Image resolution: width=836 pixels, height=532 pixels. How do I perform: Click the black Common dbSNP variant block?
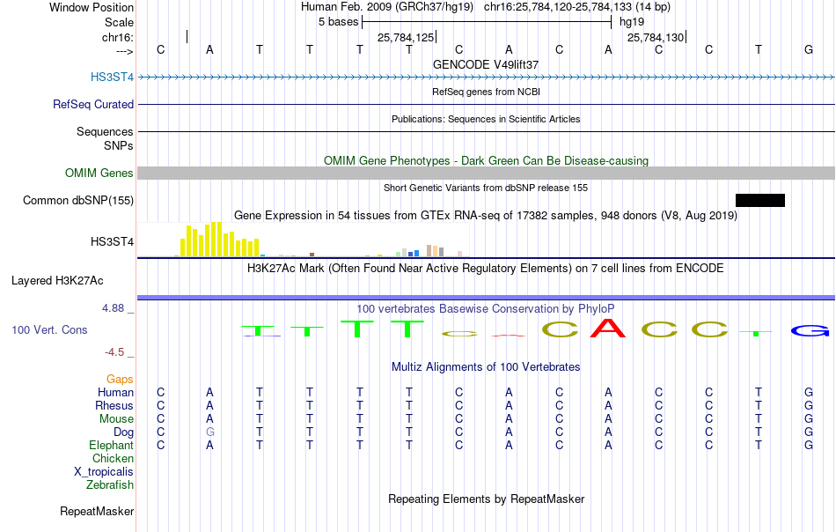click(x=759, y=200)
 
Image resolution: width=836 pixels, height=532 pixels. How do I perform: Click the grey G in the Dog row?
click(x=210, y=432)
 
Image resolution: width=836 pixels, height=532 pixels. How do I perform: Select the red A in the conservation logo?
click(x=608, y=329)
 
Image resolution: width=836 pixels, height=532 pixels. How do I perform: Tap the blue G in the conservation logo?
click(x=810, y=331)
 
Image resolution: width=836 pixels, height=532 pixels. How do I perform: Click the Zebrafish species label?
click(x=110, y=484)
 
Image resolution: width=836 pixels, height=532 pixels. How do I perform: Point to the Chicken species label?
click(x=113, y=458)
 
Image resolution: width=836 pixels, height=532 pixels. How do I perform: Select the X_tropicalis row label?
click(x=104, y=472)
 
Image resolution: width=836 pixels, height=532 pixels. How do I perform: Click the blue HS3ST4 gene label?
click(x=112, y=77)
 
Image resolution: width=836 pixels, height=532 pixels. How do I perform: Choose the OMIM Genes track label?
click(x=99, y=173)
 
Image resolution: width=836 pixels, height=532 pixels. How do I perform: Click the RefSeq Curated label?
click(x=93, y=104)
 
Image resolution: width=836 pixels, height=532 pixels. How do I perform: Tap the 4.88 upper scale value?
click(x=113, y=308)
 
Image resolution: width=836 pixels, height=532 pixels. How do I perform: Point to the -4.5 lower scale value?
click(x=114, y=352)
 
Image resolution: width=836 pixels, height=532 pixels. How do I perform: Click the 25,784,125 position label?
click(x=406, y=37)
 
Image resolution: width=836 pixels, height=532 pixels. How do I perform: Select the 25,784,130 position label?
click(x=656, y=37)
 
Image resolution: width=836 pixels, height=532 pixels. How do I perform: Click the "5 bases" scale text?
click(x=339, y=22)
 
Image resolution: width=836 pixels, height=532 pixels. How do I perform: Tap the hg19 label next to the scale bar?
click(x=632, y=22)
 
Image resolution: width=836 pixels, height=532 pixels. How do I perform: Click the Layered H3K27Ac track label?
click(x=57, y=281)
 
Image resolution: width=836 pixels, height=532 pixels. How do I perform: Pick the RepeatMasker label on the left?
click(x=97, y=511)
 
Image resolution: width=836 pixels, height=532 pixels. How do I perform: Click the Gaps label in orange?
click(x=120, y=380)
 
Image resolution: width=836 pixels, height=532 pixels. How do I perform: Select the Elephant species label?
click(x=112, y=445)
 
